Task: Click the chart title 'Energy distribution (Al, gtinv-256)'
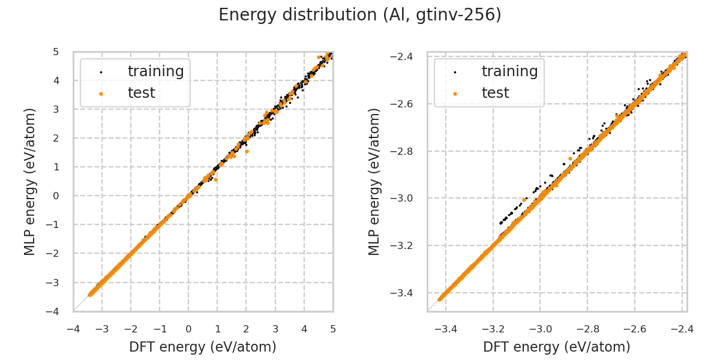point(360,15)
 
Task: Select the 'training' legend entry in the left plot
point(155,71)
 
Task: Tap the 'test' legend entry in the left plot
point(141,93)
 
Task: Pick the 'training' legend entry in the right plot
point(509,71)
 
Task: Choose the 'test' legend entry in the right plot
point(495,93)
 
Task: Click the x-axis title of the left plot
point(203,347)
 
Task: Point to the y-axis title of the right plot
point(374,181)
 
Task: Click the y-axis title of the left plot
point(30,181)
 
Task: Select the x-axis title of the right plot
point(557,347)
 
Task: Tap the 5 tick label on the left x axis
point(333,329)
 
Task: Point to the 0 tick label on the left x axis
point(188,329)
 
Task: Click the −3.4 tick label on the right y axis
point(406,293)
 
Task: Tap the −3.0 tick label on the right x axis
point(539,329)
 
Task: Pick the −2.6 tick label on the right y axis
point(406,104)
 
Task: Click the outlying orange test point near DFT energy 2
point(247,151)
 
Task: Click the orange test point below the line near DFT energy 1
point(216,180)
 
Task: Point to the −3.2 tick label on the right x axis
point(492,329)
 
